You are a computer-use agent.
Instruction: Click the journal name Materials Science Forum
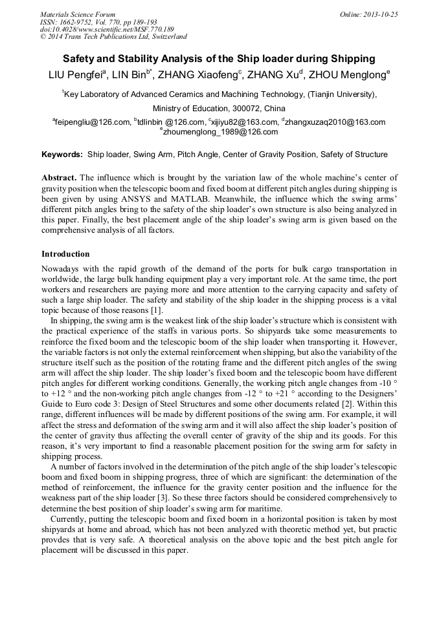78,14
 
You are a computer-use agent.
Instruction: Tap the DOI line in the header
107,29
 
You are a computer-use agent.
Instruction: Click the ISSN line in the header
98,21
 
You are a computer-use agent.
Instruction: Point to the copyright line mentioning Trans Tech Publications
113,37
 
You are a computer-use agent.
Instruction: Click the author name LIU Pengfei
76,75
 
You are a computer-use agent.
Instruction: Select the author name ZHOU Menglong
353,75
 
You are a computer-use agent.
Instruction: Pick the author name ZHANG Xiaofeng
200,75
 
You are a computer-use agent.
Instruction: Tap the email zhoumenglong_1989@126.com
220,132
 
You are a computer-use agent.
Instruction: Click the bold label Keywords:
62,155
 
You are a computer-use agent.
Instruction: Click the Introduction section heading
65,254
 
